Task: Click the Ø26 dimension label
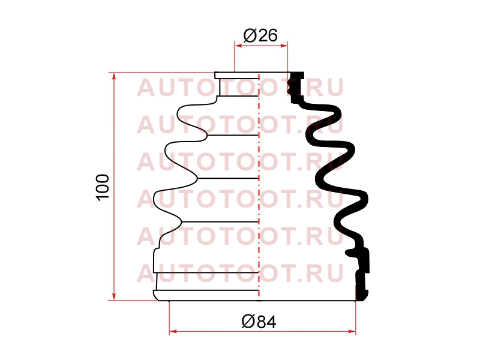coord(260,35)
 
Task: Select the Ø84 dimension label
coord(259,322)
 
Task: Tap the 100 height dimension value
coord(103,187)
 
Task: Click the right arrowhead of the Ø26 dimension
coord(284,46)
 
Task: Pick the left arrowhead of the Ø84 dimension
coord(173,331)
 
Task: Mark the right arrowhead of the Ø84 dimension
coord(352,331)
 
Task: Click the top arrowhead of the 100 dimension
coord(114,77)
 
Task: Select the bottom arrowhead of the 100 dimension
coord(114,296)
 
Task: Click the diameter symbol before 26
coord(250,35)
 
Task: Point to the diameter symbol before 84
coord(248,322)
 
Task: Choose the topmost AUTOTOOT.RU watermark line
coord(241,88)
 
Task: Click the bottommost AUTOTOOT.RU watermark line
coord(241,274)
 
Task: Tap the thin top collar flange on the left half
coord(236,76)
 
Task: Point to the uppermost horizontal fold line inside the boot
coord(238,96)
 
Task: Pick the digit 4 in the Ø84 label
coord(271,322)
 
